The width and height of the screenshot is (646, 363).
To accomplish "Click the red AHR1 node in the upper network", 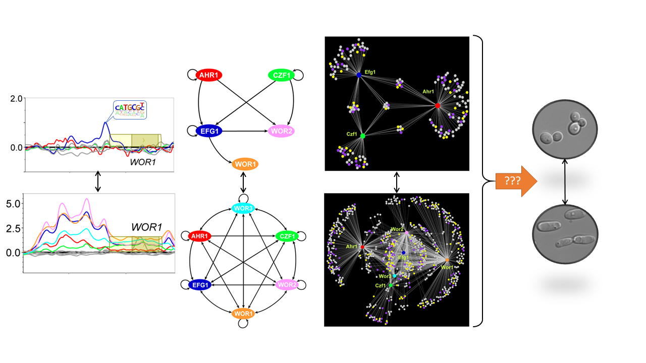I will click(208, 75).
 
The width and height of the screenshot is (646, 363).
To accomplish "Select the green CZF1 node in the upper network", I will click(281, 75).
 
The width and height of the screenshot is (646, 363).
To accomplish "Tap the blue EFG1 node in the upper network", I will click(208, 131).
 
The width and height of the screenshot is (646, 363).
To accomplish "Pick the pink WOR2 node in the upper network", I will click(281, 131).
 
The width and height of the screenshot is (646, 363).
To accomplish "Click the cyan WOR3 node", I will click(244, 208).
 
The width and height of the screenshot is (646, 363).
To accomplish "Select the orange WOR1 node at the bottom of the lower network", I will click(244, 314).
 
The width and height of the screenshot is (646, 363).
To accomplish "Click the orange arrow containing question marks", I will click(511, 180).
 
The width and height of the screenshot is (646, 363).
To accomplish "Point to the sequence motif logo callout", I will click(129, 110).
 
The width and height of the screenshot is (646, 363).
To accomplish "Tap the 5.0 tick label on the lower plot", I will click(12, 204).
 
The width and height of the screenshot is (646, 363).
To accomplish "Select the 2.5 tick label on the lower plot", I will click(12, 228).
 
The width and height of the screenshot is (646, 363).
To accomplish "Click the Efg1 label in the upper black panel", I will click(370, 72).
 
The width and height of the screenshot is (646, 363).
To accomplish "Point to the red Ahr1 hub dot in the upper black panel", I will click(438, 105).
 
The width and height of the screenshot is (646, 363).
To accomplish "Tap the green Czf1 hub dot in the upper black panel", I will click(362, 135).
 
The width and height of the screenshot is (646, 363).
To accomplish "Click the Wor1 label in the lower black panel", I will click(447, 267).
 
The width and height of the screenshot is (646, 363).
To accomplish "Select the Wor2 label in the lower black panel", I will click(397, 229).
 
